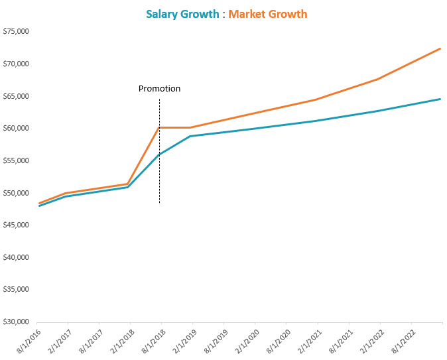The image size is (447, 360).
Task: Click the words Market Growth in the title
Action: point(268,14)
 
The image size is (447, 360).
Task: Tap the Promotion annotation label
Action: point(159,88)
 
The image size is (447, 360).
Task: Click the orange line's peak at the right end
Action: point(440,48)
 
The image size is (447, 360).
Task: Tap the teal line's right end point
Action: point(440,99)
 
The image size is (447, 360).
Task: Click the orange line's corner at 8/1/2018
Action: point(159,127)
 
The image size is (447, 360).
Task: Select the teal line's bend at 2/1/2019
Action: point(190,136)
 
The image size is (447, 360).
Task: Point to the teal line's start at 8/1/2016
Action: point(39,206)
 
